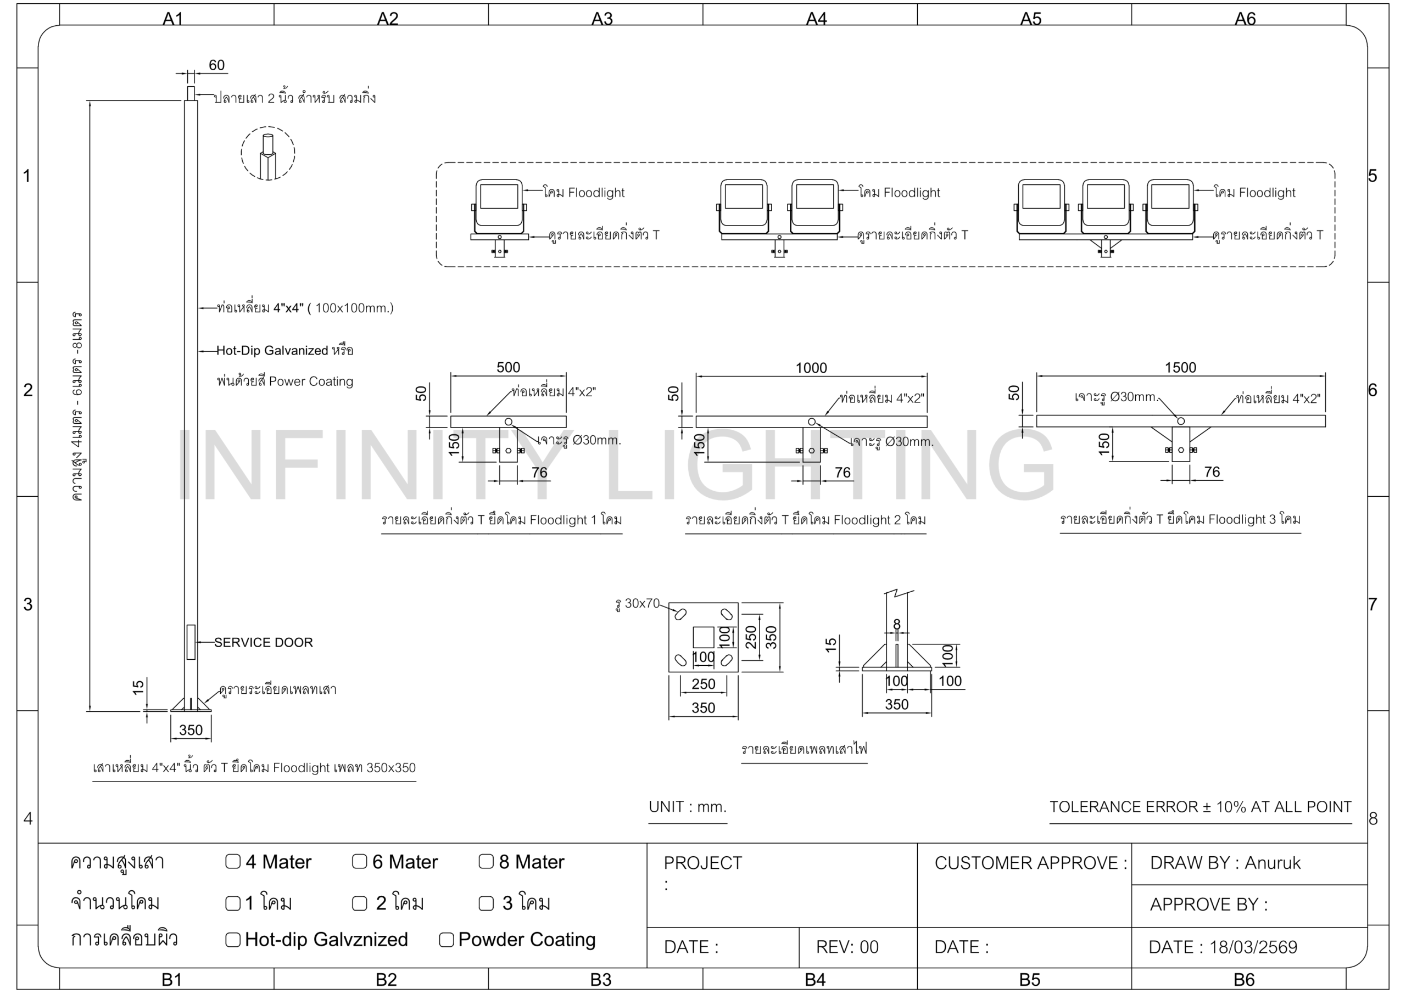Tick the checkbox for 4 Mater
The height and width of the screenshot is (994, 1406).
click(x=233, y=862)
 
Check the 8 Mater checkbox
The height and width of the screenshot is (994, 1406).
click(x=486, y=862)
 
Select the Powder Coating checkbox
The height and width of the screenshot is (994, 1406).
click(x=447, y=940)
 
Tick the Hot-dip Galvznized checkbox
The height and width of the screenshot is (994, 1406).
click(x=233, y=940)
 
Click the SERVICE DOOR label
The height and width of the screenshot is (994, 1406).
click(x=263, y=642)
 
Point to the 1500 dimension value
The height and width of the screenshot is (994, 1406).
click(x=1180, y=367)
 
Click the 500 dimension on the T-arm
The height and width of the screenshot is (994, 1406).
click(x=507, y=367)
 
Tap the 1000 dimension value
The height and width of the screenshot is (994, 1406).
click(x=811, y=368)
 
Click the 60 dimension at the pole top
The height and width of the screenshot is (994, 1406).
click(x=217, y=65)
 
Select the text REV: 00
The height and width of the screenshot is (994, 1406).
click(x=847, y=947)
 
